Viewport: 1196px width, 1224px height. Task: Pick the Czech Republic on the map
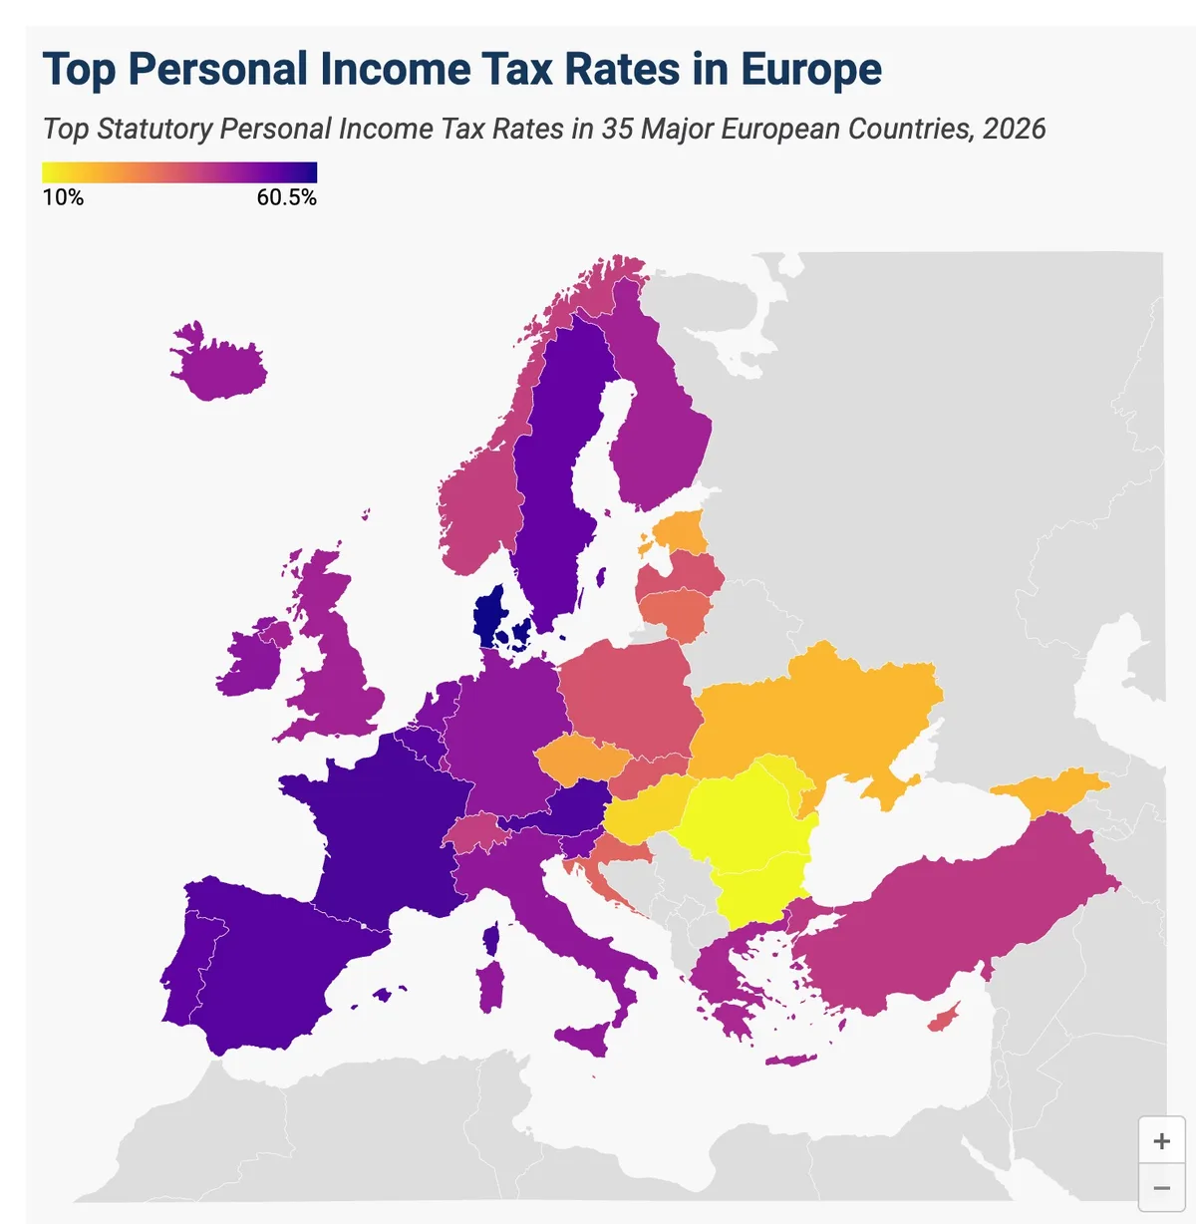582,759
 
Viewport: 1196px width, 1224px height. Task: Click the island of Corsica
490,938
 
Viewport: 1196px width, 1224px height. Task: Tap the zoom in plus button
1161,1141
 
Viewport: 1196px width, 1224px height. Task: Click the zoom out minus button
1161,1188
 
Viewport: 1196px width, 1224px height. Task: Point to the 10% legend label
63,197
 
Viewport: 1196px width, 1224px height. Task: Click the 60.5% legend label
286,197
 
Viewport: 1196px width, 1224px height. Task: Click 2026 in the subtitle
1014,129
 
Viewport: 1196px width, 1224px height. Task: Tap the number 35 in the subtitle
617,129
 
